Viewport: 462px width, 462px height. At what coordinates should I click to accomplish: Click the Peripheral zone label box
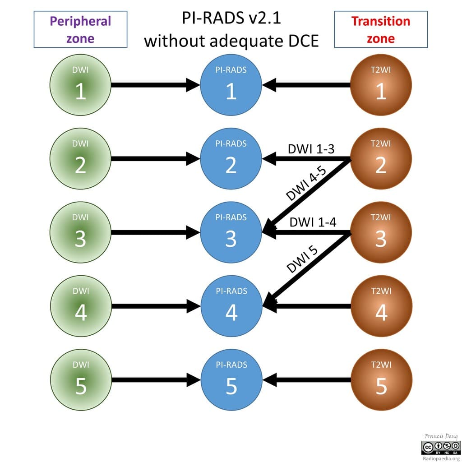click(80, 29)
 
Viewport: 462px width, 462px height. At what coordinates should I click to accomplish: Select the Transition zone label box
click(381, 29)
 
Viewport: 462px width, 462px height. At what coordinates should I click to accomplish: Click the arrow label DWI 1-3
click(311, 149)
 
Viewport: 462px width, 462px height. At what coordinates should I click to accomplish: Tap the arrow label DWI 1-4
click(313, 222)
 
